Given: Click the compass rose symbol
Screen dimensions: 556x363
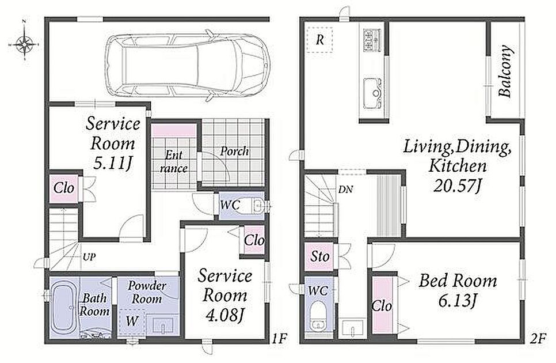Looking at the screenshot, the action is [x=24, y=44].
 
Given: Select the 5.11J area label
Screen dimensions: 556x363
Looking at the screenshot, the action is [x=112, y=164].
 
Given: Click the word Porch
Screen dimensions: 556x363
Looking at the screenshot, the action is [x=234, y=151].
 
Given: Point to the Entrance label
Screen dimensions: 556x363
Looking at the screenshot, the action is [x=174, y=161].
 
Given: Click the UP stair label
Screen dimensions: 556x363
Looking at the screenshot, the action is [x=89, y=257].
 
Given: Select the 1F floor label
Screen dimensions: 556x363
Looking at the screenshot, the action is [x=279, y=339].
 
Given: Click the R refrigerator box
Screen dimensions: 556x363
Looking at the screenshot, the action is [x=319, y=40].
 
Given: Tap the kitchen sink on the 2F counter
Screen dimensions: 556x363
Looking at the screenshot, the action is [x=372, y=93].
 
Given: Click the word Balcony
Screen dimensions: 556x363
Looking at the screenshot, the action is [x=505, y=71].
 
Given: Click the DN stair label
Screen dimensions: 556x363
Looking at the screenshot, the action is [x=345, y=190].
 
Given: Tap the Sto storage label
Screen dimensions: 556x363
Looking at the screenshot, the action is [x=320, y=256].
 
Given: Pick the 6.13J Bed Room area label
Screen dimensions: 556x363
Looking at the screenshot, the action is [x=458, y=301].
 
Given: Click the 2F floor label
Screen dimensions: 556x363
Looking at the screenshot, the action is [x=538, y=339].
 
